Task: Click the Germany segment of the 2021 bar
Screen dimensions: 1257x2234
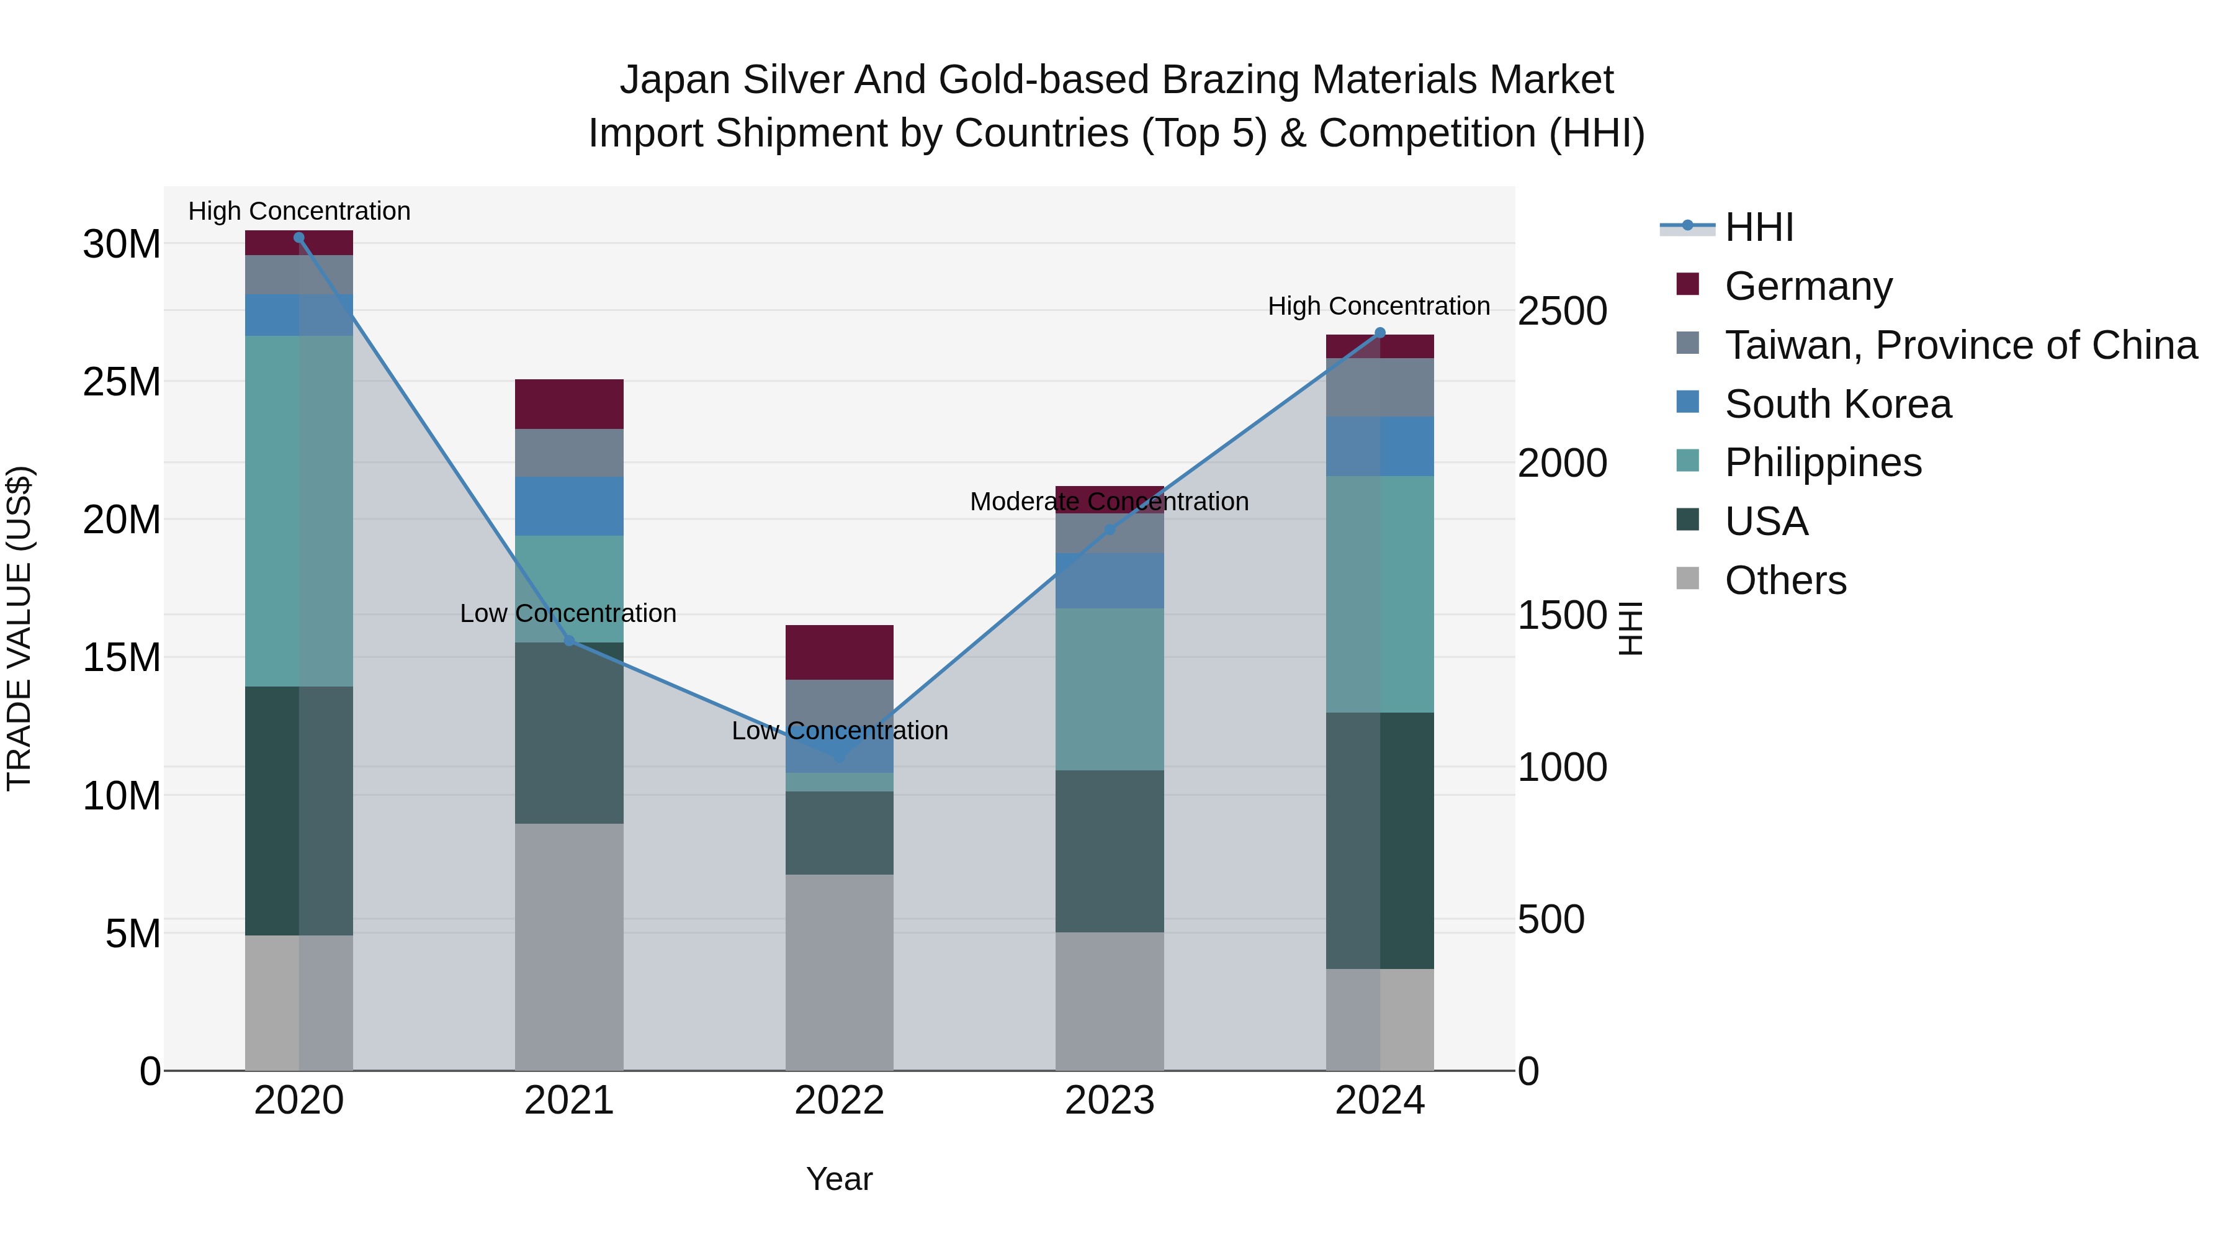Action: [x=569, y=404]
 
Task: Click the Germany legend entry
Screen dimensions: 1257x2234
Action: [x=1808, y=286]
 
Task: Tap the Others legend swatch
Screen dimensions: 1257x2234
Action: [x=1688, y=578]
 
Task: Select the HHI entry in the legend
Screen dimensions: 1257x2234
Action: [x=1758, y=227]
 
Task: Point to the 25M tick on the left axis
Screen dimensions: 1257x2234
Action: [x=122, y=382]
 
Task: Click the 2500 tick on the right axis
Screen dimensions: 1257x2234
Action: [x=1562, y=312]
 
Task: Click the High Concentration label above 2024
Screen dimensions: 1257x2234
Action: [x=1379, y=306]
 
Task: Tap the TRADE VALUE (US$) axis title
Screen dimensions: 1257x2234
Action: [x=19, y=628]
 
